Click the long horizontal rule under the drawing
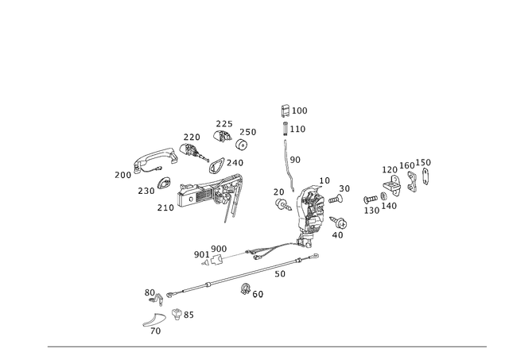(x=266, y=346)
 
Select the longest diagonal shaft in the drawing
(x=231, y=278)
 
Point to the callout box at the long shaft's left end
(x=150, y=294)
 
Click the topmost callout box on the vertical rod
(x=300, y=110)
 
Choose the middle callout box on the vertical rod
(x=298, y=127)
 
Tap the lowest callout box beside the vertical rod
(x=295, y=160)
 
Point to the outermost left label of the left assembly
(x=119, y=173)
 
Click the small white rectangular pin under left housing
(x=169, y=209)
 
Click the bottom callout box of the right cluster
(x=374, y=208)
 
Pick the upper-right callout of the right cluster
(x=425, y=163)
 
